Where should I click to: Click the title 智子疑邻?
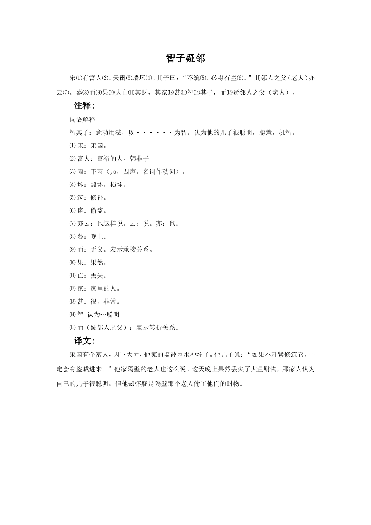(185, 59)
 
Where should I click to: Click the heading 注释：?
(84, 106)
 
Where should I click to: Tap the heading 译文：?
(84, 341)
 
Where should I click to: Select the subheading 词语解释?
(82, 119)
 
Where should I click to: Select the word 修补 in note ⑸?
(97, 197)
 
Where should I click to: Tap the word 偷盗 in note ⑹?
(97, 211)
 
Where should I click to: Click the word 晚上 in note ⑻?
(97, 236)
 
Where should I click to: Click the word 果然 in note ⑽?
(97, 262)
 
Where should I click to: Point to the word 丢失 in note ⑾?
(97, 275)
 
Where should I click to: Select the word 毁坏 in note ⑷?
(97, 184)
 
